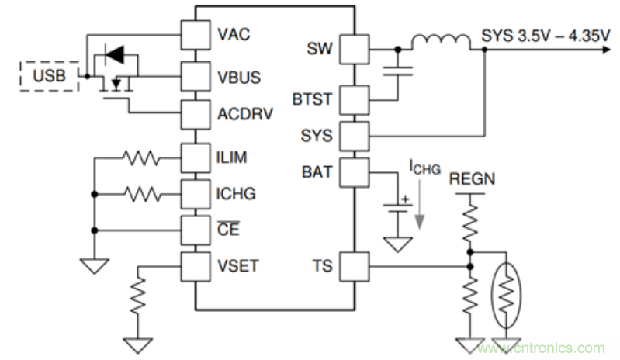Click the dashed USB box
click(x=49, y=76)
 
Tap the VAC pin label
click(x=234, y=35)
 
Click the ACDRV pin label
click(x=244, y=116)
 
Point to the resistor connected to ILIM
click(x=140, y=158)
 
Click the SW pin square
click(x=355, y=50)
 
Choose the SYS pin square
click(x=355, y=135)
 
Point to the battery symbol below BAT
click(x=398, y=207)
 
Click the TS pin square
click(x=355, y=266)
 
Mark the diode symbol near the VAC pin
click(x=114, y=54)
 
